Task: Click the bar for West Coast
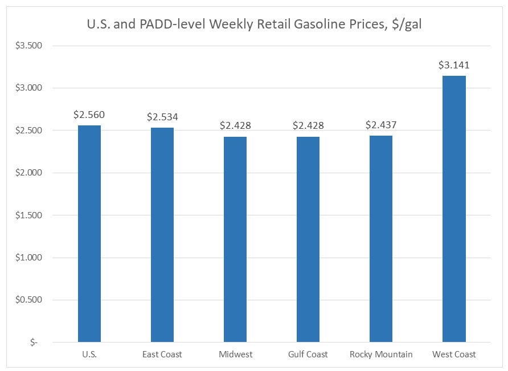coord(454,209)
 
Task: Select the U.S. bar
coord(89,234)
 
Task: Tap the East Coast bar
coord(162,235)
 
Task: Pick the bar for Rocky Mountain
coord(381,239)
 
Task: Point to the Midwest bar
coord(235,239)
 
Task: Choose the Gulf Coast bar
coord(308,239)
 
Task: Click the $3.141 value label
coord(454,65)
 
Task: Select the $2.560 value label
coord(89,115)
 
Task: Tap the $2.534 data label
coord(162,117)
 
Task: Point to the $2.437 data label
coord(381,125)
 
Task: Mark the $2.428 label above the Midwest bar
coord(235,125)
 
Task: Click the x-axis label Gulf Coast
coord(308,354)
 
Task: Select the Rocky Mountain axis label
coord(381,354)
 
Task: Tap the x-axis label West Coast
coord(454,354)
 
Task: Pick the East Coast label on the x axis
coord(162,354)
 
